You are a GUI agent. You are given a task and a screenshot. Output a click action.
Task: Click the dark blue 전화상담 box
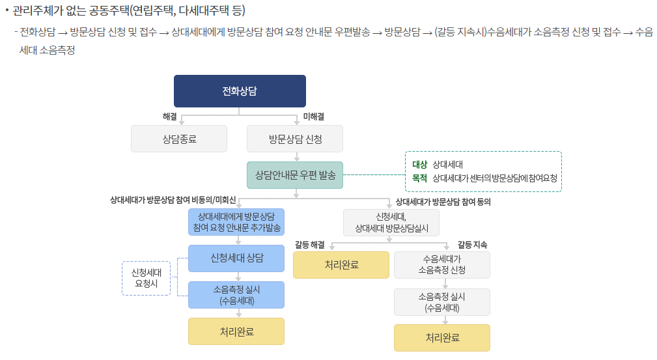pyautogui.click(x=240, y=91)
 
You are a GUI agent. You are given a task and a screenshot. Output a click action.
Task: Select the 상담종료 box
pyautogui.click(x=179, y=139)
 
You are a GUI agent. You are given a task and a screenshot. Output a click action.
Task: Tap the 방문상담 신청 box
pyautogui.click(x=295, y=139)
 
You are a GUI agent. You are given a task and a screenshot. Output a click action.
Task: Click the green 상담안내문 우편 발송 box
pyautogui.click(x=295, y=175)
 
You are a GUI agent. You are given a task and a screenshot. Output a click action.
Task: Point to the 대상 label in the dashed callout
pyautogui.click(x=419, y=165)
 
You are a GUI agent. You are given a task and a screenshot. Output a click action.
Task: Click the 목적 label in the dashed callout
pyautogui.click(x=419, y=178)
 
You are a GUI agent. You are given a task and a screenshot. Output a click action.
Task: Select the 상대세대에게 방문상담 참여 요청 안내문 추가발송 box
pyautogui.click(x=236, y=222)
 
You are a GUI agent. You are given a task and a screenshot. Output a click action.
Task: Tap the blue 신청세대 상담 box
pyautogui.click(x=236, y=258)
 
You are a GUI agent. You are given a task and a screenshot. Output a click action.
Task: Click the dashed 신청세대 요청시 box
pyautogui.click(x=146, y=278)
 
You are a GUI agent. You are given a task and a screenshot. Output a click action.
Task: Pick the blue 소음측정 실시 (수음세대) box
pyautogui.click(x=236, y=295)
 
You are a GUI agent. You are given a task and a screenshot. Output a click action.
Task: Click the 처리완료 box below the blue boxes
pyautogui.click(x=236, y=331)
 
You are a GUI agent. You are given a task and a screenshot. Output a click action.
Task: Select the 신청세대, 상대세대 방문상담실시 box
pyautogui.click(x=391, y=223)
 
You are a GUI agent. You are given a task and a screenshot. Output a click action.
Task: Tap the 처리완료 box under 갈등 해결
pyautogui.click(x=341, y=265)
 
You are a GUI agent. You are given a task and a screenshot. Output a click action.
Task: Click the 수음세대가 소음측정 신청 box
pyautogui.click(x=442, y=265)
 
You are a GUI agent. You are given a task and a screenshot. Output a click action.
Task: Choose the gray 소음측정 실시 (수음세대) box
pyautogui.click(x=442, y=302)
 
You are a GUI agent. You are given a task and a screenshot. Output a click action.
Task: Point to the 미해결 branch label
pyautogui.click(x=314, y=117)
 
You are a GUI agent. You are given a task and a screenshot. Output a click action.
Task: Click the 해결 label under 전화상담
pyautogui.click(x=169, y=117)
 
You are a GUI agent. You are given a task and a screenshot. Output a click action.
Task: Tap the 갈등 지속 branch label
pyautogui.click(x=472, y=245)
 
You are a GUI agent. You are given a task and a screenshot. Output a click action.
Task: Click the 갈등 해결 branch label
pyautogui.click(x=309, y=245)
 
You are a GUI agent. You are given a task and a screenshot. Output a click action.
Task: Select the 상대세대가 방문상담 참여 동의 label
pyautogui.click(x=443, y=202)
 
